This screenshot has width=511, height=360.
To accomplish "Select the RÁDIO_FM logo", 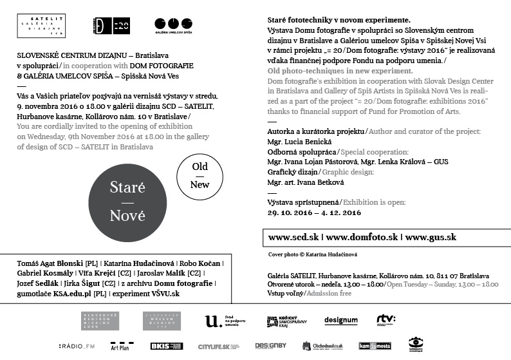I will [x=77, y=346].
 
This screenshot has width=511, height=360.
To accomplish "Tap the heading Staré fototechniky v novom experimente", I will [x=339, y=21].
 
